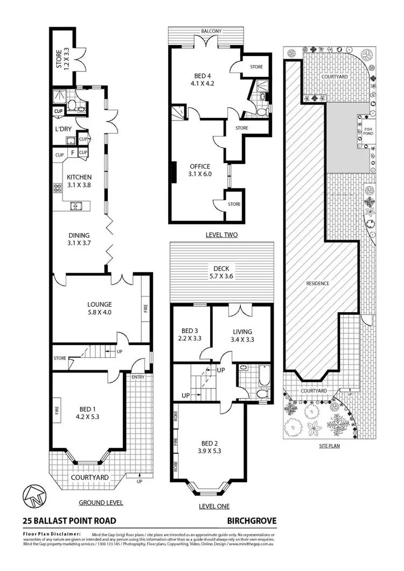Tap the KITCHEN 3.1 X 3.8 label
[79, 181]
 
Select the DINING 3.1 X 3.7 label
[79, 239]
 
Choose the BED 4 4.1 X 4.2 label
[199, 80]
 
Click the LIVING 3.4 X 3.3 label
[241, 335]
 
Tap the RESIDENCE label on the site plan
[317, 284]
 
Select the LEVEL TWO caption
[221, 235]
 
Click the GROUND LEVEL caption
[101, 503]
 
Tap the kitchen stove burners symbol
[57, 188]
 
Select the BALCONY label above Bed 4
[211, 32]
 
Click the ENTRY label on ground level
[138, 377]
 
